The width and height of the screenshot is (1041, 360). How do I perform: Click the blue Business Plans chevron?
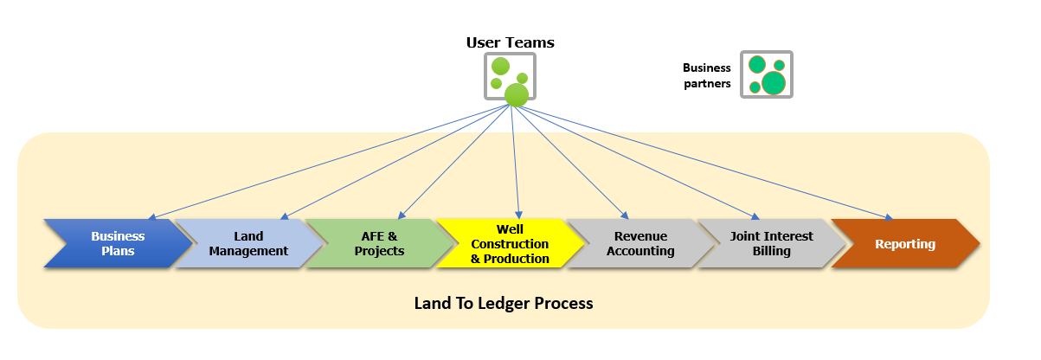click(118, 244)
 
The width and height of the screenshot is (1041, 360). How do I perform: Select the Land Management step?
click(249, 244)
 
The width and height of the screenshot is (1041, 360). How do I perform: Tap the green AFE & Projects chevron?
click(380, 244)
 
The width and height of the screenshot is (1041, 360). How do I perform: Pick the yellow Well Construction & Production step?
click(510, 244)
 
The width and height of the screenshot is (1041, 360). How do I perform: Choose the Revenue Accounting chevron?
click(640, 244)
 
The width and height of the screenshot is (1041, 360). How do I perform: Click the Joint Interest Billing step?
click(772, 244)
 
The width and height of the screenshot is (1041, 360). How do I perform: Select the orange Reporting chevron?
click(905, 244)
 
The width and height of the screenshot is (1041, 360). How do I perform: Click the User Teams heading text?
click(510, 42)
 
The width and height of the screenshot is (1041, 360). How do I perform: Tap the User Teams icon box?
click(509, 78)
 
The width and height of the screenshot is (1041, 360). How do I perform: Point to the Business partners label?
click(707, 76)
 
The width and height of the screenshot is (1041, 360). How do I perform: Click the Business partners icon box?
click(767, 74)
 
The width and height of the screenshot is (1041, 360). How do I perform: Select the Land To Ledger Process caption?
click(504, 303)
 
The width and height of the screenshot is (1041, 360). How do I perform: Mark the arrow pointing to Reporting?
click(701, 161)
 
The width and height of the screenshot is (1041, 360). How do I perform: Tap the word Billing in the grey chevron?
click(772, 252)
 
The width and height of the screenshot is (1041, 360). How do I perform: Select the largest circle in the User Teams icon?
click(517, 94)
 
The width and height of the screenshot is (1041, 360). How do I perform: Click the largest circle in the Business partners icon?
click(774, 83)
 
